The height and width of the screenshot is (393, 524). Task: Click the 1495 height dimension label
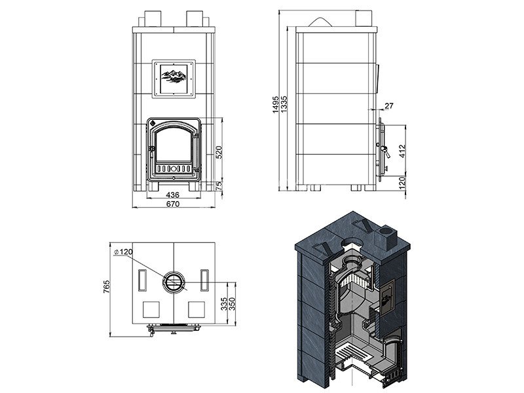click(x=276, y=105)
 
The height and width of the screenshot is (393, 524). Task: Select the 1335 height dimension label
click(x=284, y=105)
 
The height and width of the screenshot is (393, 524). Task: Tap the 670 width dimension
click(x=173, y=204)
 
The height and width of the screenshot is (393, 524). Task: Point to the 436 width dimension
click(x=173, y=195)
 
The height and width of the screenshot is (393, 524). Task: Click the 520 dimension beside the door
click(x=219, y=152)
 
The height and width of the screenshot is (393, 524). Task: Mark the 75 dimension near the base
click(x=219, y=186)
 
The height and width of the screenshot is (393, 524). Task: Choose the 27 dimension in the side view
click(x=389, y=106)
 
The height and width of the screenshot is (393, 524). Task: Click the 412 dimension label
click(x=402, y=151)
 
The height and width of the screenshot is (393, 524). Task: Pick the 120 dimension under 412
click(x=402, y=183)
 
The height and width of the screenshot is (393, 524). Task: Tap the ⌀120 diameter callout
click(x=123, y=252)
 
